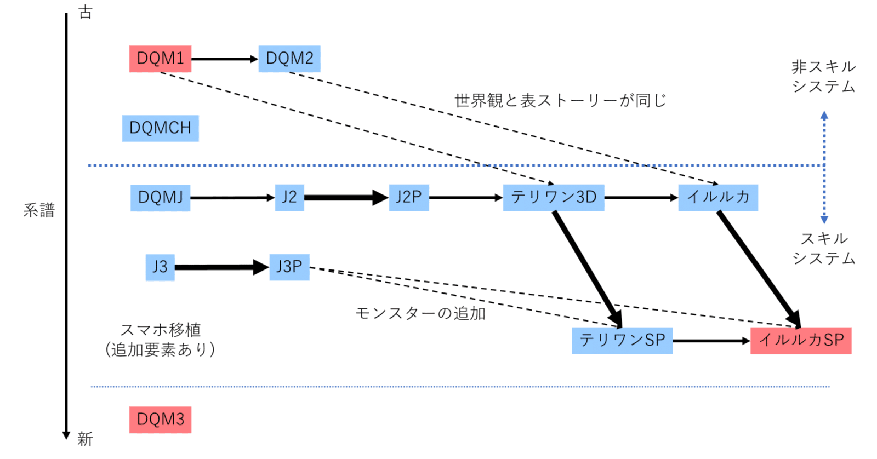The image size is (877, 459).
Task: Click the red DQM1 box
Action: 160,59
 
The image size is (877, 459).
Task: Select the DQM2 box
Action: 289,59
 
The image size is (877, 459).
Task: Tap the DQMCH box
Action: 160,128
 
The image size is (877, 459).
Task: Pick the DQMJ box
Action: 160,198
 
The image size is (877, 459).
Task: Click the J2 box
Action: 289,198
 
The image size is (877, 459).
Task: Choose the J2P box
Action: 409,198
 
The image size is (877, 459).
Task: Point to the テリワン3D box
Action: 554,198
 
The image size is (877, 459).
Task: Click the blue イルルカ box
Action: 718,198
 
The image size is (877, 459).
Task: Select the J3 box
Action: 160,267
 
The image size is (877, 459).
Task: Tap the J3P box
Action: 289,267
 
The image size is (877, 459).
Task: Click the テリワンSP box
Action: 622,340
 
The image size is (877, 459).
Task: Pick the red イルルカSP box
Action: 801,340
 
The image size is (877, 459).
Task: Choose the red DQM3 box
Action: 160,420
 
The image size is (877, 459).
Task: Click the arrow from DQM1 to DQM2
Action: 225,59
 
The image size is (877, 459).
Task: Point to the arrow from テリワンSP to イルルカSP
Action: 711,341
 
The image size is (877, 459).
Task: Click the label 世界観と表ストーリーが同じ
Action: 560,101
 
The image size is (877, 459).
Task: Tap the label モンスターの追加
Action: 420,313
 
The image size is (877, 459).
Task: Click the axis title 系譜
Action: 39,210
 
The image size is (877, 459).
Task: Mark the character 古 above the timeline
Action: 86,12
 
